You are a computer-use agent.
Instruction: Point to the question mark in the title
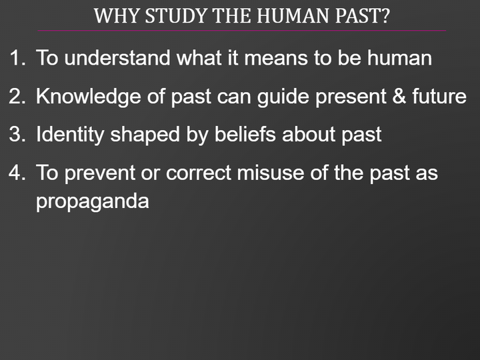click(385, 16)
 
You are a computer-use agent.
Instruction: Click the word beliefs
click(245, 135)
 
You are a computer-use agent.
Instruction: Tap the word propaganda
click(92, 202)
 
